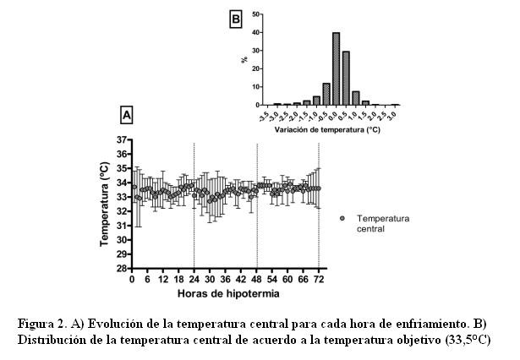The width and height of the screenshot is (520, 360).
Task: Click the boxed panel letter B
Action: [236, 18]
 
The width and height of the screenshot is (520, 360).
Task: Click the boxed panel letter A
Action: [127, 113]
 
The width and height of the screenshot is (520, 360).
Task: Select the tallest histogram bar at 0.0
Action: [336, 68]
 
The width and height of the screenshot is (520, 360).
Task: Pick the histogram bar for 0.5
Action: [346, 78]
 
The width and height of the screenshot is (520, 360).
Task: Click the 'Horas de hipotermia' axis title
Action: [223, 293]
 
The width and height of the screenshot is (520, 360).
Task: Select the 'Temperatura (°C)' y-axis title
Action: [105, 204]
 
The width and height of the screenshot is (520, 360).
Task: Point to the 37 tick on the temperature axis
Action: [122, 139]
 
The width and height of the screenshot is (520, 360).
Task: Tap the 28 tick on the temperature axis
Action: [122, 269]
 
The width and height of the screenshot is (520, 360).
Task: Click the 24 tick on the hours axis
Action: [194, 279]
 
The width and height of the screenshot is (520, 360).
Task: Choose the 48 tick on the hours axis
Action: [256, 279]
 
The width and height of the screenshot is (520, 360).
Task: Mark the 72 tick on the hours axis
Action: [319, 279]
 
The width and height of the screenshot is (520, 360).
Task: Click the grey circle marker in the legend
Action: [342, 218]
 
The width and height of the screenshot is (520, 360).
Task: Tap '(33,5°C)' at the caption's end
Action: [463, 340]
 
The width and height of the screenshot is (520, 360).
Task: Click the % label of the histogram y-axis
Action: [244, 59]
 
